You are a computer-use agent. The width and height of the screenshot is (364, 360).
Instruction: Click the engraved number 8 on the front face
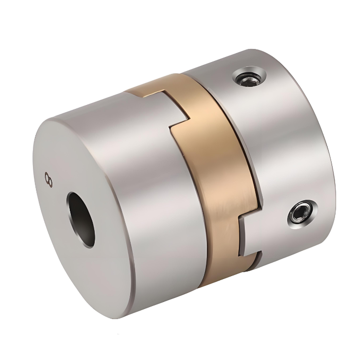48,179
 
